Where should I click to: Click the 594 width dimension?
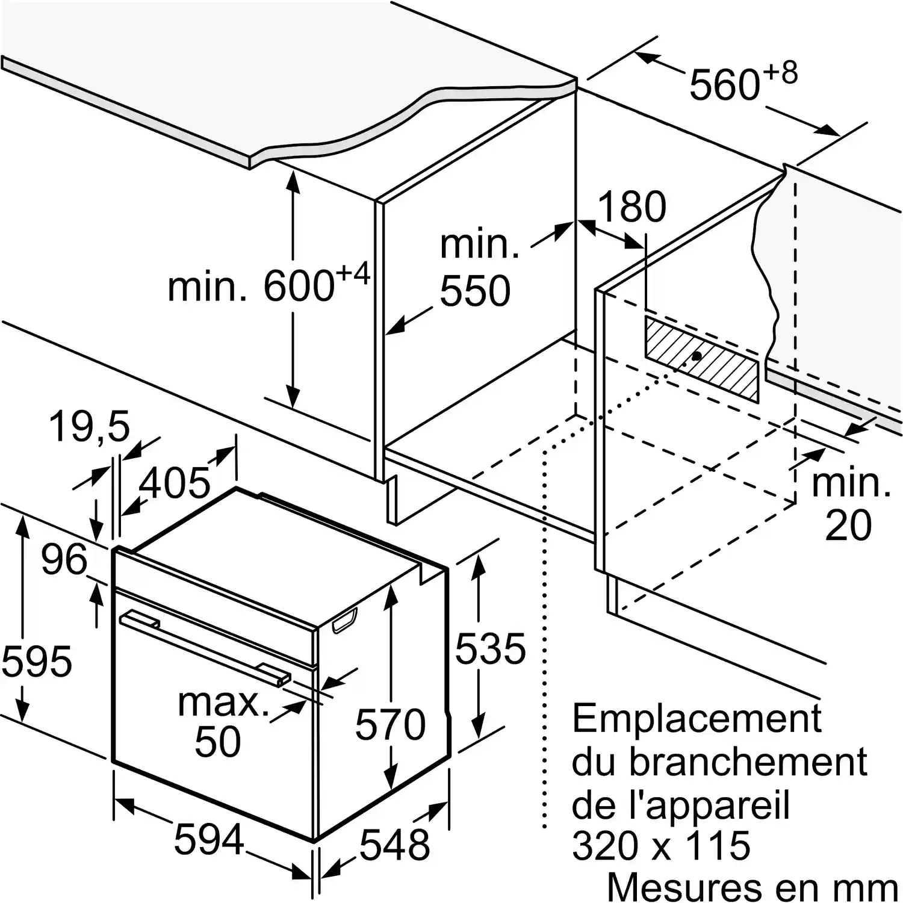(x=209, y=839)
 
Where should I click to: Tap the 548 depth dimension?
(x=395, y=845)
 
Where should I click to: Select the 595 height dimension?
(x=37, y=660)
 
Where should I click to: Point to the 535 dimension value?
(x=490, y=648)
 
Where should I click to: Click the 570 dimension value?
(x=390, y=724)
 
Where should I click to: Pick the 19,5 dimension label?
(x=89, y=427)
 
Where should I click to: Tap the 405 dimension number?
(x=175, y=482)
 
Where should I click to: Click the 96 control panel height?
(x=64, y=559)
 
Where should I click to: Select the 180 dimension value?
(x=632, y=206)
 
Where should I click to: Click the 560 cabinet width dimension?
(x=725, y=85)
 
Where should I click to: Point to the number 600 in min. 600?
(x=298, y=285)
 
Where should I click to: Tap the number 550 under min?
(x=475, y=291)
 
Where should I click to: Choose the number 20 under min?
(x=848, y=524)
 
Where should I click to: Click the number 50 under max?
(x=217, y=741)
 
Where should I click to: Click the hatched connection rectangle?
(x=702, y=359)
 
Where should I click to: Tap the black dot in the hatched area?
(x=697, y=356)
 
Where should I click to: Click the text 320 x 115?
(x=661, y=846)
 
